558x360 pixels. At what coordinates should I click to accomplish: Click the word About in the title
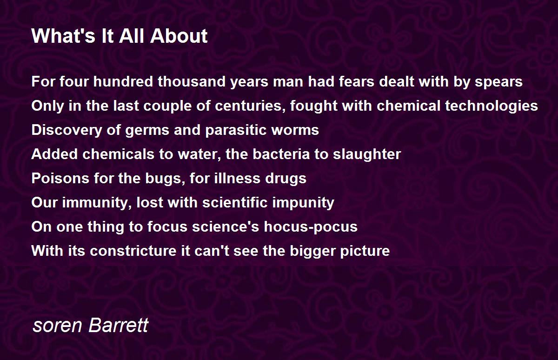[x=179, y=36]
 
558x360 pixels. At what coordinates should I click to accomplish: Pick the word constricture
[x=133, y=251]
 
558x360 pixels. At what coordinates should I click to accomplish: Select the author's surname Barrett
[x=119, y=325]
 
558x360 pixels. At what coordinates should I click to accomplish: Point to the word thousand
[x=192, y=81]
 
